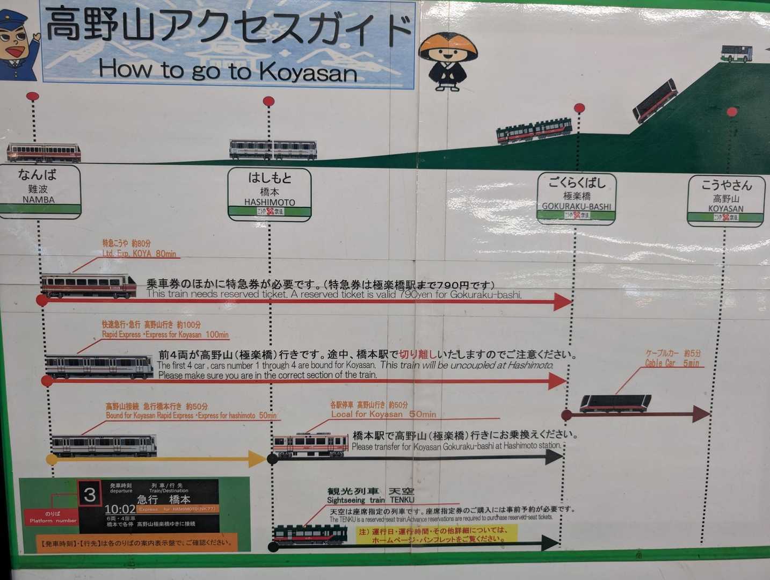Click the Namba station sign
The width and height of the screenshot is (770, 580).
(x=39, y=191)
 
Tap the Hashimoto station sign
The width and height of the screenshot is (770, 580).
(x=270, y=194)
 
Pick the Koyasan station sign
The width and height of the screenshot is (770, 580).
(x=726, y=200)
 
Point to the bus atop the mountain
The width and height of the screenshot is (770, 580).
(x=736, y=53)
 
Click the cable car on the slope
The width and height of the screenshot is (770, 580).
(x=655, y=100)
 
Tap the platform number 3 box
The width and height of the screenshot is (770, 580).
(x=90, y=494)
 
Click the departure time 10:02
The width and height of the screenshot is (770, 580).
(x=120, y=509)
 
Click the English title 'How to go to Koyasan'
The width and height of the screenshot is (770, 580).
(x=228, y=70)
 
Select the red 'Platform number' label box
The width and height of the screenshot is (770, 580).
(x=53, y=517)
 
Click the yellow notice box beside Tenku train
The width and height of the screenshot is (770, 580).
(x=437, y=534)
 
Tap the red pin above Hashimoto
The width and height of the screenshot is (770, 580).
(x=268, y=101)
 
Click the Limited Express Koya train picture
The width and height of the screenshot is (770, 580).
(x=89, y=286)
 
